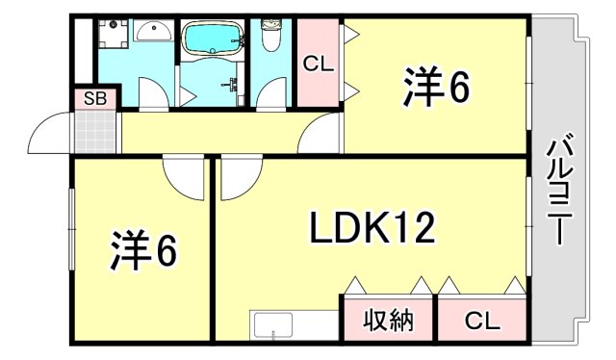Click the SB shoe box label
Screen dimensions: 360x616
[x=94, y=97]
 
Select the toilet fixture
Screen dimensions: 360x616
[x=270, y=39]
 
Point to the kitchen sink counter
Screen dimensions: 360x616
[x=278, y=325]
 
